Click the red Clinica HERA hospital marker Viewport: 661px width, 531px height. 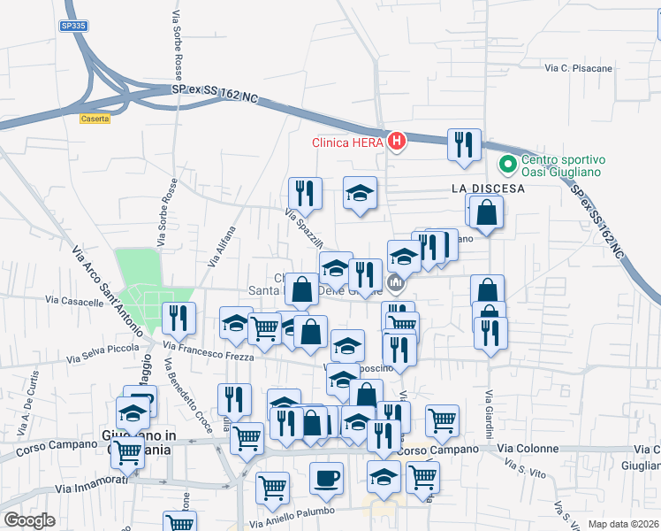tap(397, 141)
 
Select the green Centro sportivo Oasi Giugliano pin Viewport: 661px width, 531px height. tap(508, 165)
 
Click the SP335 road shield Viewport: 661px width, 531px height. tap(74, 27)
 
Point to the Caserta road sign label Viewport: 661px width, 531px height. tap(95, 118)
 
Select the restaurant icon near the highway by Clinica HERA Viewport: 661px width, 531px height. tap(465, 144)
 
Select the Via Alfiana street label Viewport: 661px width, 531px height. tap(223, 246)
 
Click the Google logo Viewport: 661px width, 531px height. tap(29, 520)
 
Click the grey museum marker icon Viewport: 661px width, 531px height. tap(395, 283)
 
